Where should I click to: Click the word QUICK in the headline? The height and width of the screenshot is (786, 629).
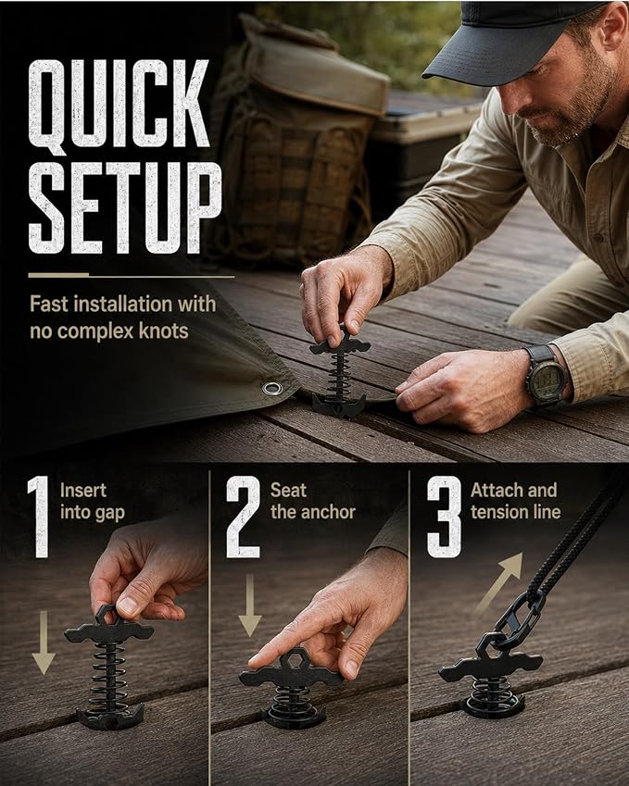[x=119, y=105]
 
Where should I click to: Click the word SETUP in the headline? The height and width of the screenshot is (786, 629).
[x=125, y=207]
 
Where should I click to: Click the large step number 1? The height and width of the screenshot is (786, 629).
[x=39, y=517]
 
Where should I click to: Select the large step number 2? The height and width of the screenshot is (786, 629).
[x=244, y=517]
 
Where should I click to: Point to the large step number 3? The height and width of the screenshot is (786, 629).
[x=445, y=517]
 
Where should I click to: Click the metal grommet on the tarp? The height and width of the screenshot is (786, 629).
[x=272, y=388]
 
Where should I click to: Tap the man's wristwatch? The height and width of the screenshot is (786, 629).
[x=546, y=376]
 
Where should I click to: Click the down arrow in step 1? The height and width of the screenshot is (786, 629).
[x=44, y=643]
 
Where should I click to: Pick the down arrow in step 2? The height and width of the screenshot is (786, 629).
[x=250, y=605]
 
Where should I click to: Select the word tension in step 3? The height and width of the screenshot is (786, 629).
[x=496, y=512]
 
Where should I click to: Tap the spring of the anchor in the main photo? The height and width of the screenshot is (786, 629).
[x=340, y=376]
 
